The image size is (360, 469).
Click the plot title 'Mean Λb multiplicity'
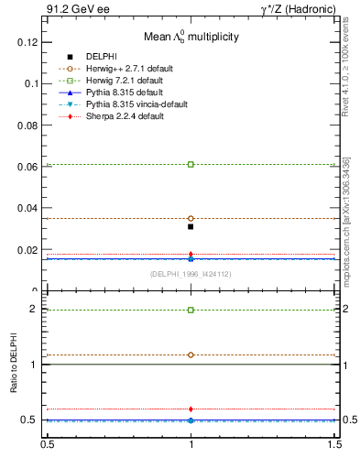click(190, 38)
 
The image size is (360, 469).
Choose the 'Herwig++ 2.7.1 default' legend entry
click(124, 69)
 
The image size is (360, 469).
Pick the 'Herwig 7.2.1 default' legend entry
click(121, 81)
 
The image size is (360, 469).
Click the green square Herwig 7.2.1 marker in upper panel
click(191, 164)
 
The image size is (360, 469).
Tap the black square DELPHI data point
click(191, 226)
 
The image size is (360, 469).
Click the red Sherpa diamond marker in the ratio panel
click(191, 409)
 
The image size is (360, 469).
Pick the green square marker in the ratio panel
click(191, 310)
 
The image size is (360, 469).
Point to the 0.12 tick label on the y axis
click(25, 42)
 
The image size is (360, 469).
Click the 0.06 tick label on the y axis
click(25, 167)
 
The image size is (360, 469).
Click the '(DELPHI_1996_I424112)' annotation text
click(191, 274)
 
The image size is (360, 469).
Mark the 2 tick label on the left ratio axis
click(33, 309)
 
